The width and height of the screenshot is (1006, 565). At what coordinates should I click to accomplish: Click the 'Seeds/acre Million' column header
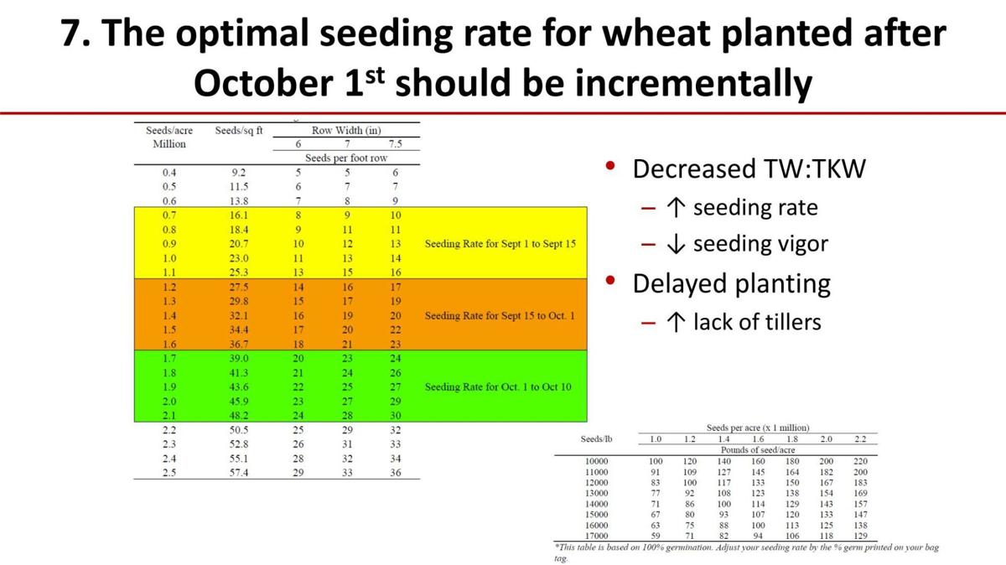[169, 137]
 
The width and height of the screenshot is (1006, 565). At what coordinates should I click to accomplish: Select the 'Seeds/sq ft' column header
[239, 131]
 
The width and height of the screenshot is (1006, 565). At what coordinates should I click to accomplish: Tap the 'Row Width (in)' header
[346, 131]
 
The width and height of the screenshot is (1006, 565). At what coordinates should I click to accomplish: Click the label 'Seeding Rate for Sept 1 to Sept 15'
[500, 244]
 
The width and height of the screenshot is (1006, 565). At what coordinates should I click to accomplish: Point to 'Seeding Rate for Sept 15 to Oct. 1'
[500, 316]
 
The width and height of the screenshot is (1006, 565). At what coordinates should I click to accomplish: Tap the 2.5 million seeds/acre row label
[169, 473]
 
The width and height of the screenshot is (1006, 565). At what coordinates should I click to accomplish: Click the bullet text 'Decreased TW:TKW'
[749, 169]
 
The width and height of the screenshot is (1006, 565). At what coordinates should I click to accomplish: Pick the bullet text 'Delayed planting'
[731, 283]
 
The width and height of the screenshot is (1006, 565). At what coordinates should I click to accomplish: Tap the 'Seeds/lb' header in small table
[596, 439]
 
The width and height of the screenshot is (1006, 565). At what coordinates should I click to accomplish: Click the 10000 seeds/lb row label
[599, 461]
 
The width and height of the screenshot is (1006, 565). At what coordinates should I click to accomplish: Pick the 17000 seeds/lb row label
[599, 535]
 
